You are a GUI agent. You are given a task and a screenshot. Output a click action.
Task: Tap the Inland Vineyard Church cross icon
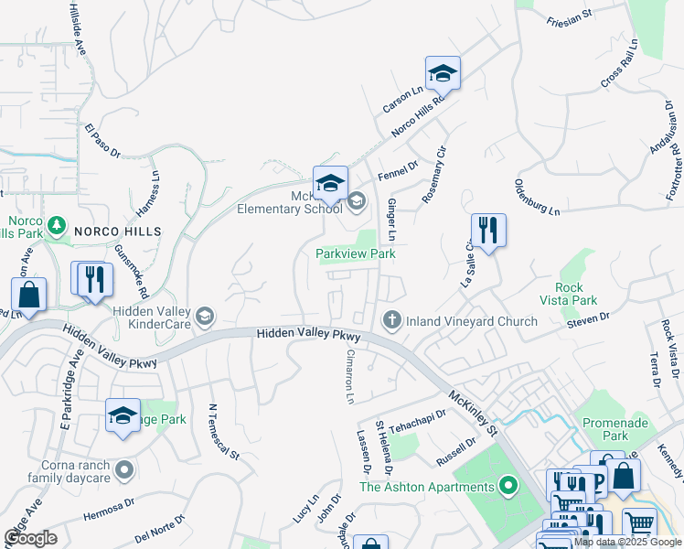point(390,320)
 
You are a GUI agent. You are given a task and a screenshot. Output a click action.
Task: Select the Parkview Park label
point(356,253)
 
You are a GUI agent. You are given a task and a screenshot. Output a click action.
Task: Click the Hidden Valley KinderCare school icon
point(205,318)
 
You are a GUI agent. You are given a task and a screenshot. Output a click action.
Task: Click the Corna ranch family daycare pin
point(124,471)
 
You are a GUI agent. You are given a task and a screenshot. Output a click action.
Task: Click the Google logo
point(30,537)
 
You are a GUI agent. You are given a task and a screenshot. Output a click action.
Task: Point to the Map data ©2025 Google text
point(626,542)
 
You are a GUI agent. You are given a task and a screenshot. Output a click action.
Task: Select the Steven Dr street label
point(587,318)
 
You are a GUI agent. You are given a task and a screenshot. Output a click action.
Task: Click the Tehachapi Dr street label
point(417,418)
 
